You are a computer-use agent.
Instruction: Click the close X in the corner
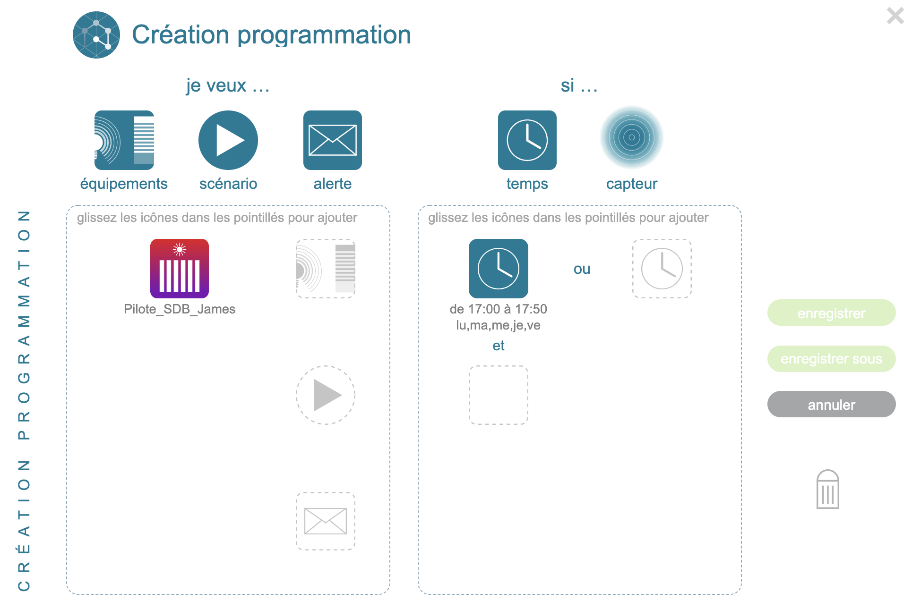[895, 16]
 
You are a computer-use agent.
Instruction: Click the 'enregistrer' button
[831, 313]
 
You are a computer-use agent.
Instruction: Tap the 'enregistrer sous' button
[831, 359]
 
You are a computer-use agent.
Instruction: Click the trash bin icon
[827, 489]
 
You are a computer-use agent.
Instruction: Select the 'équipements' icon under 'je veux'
[124, 140]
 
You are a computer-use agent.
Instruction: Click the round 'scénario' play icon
[228, 140]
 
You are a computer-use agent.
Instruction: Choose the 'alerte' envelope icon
[333, 140]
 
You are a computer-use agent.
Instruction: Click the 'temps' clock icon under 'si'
[527, 140]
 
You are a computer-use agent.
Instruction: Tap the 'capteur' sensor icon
[632, 137]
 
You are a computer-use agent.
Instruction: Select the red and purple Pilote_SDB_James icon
[180, 269]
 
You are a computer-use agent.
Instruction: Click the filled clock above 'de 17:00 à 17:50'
[499, 269]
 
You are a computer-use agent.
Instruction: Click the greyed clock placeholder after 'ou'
[662, 269]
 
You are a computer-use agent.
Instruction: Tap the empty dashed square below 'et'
[499, 395]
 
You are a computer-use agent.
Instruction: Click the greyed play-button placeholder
[326, 395]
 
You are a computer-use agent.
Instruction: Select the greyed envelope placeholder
[326, 521]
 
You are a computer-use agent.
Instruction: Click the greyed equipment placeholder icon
[326, 269]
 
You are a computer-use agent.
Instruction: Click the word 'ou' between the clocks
[582, 269]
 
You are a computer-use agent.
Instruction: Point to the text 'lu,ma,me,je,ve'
[498, 325]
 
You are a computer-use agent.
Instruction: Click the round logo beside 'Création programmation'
[96, 35]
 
